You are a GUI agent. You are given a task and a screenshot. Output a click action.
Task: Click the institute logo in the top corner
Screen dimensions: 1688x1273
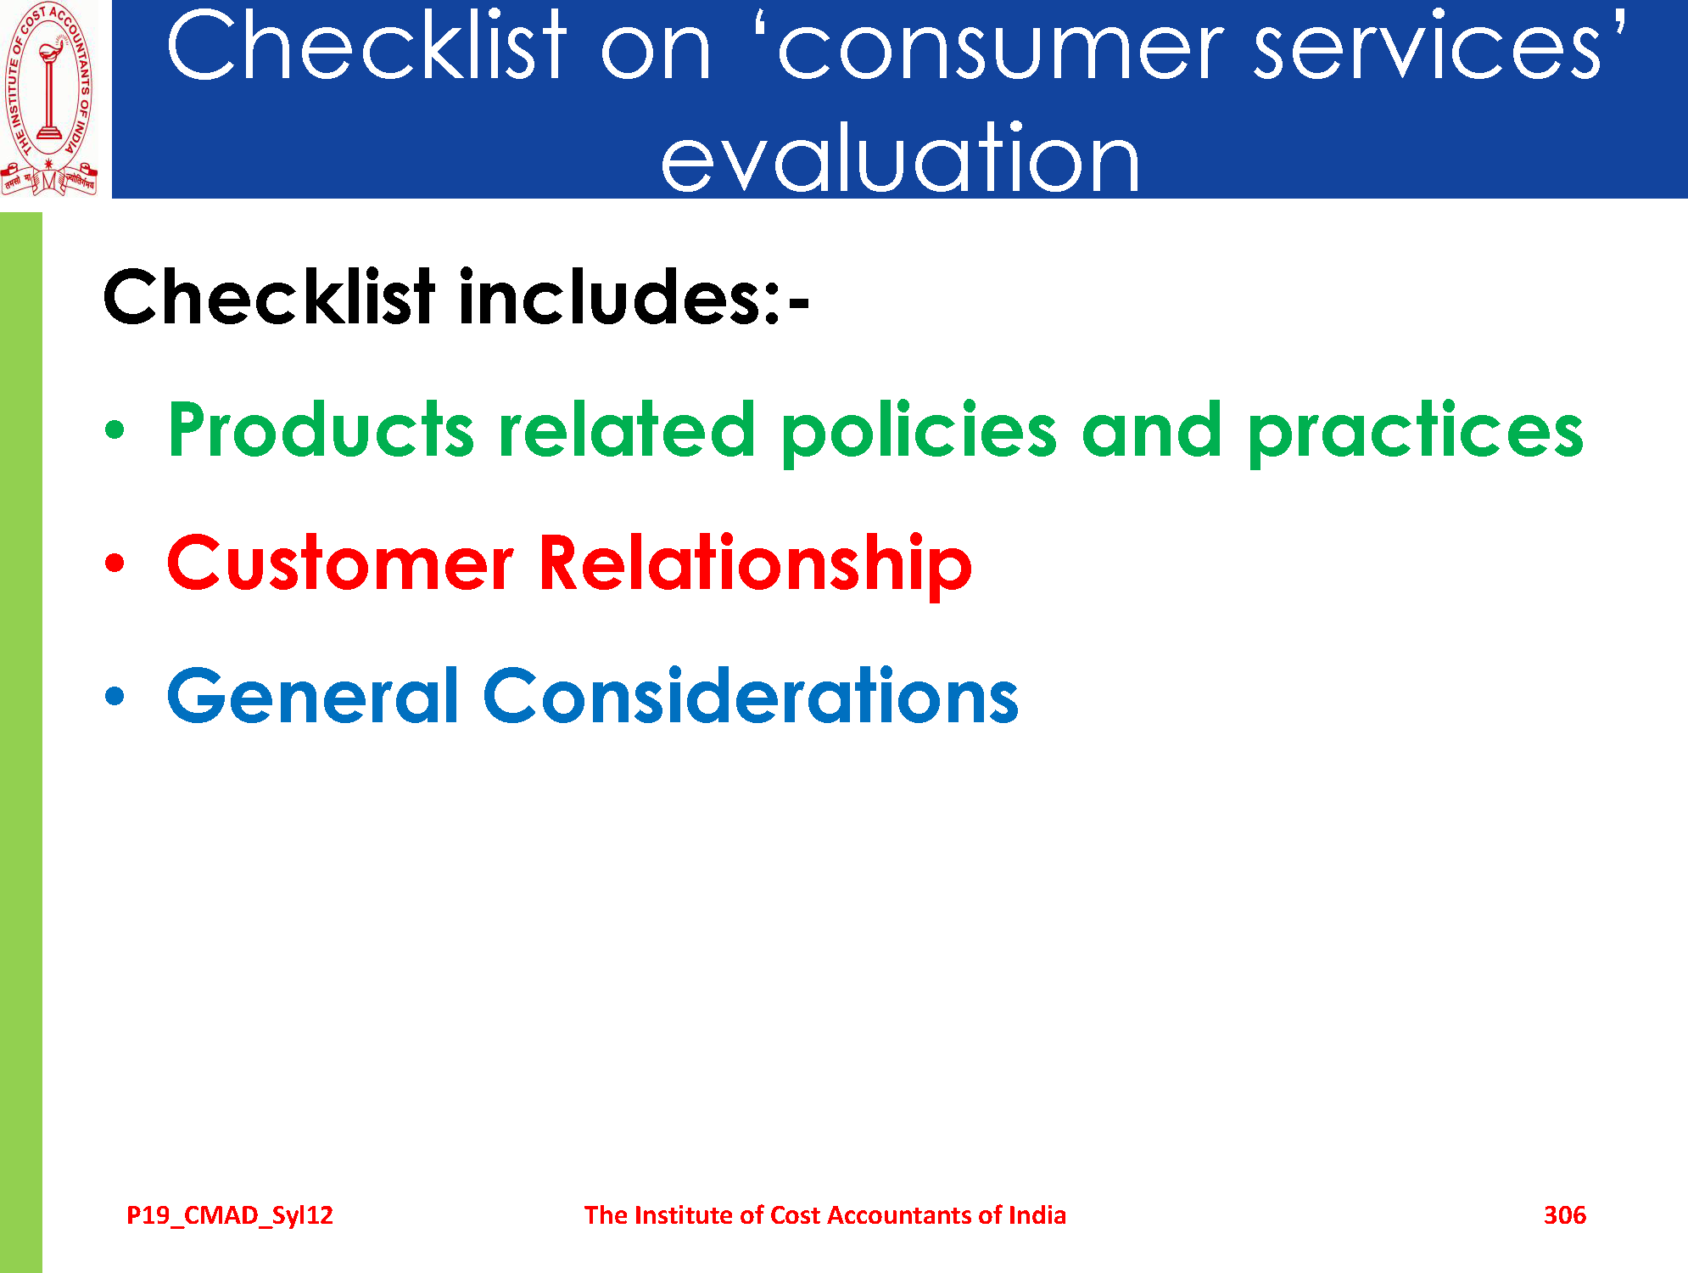point(49,99)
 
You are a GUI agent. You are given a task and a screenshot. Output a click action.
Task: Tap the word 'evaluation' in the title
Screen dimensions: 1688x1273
point(900,157)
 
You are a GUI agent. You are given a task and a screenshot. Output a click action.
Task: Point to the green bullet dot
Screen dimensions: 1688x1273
point(115,430)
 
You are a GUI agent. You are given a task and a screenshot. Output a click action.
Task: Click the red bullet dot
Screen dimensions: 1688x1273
point(115,563)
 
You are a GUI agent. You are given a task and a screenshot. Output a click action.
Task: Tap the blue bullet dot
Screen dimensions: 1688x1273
point(115,696)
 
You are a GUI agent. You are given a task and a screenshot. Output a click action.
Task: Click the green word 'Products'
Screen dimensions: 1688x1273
point(321,429)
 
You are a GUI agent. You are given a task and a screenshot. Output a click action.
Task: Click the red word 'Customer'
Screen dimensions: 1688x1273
point(340,563)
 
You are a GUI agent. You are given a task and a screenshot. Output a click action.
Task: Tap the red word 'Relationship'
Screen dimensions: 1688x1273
point(756,565)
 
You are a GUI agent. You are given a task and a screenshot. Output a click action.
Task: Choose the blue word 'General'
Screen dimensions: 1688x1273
point(313,695)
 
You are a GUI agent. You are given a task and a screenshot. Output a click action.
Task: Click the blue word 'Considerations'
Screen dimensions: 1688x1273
point(751,695)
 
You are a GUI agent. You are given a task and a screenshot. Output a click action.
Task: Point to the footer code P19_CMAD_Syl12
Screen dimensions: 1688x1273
point(230,1215)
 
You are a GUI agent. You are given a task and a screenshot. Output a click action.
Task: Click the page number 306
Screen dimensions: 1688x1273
point(1565,1215)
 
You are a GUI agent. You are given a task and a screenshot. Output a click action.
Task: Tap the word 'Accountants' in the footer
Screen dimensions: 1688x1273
point(900,1215)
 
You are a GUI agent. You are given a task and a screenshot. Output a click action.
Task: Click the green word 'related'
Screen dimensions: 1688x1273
point(627,429)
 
